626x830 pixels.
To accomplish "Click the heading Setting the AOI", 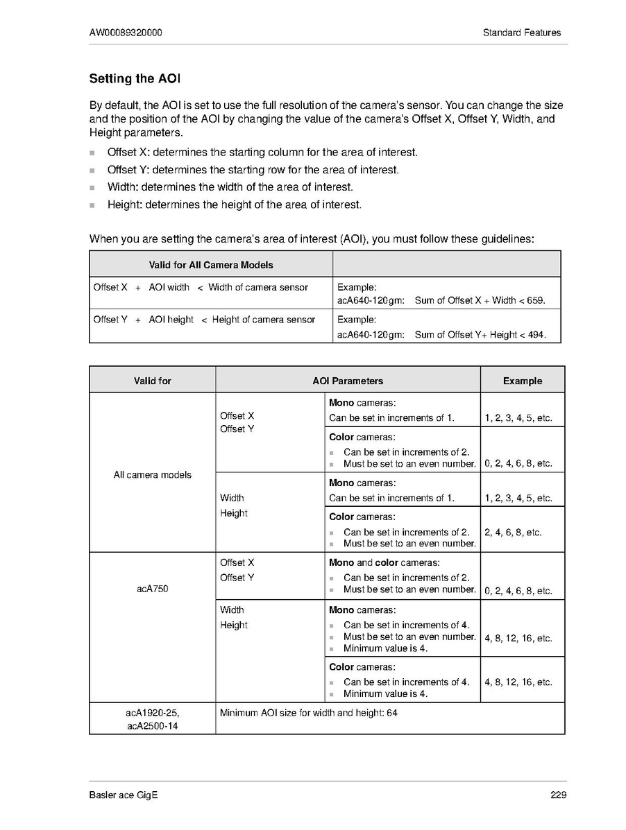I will pyautogui.click(x=135, y=79).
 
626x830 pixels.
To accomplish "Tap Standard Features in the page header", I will pyautogui.click(x=521, y=33).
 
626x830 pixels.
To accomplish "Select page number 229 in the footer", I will pyautogui.click(x=558, y=795).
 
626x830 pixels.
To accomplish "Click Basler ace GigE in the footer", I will pyautogui.click(x=124, y=795).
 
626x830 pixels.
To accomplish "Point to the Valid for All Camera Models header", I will pyautogui.click(x=211, y=265).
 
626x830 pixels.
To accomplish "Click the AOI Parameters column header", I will pyautogui.click(x=348, y=381).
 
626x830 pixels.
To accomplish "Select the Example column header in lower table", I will pyautogui.click(x=522, y=381).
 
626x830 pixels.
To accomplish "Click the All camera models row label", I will pyautogui.click(x=152, y=475).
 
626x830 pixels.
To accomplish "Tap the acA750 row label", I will pyautogui.click(x=152, y=589).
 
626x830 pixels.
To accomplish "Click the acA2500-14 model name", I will pyautogui.click(x=152, y=726).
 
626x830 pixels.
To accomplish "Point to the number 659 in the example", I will pyautogui.click(x=535, y=300).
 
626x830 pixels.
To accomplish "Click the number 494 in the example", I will pyautogui.click(x=536, y=334).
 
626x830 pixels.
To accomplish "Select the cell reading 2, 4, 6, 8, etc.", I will pyautogui.click(x=513, y=533).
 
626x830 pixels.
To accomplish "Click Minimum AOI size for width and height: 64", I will pyautogui.click(x=309, y=713).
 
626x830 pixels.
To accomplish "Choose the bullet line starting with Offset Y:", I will pyautogui.click(x=253, y=170).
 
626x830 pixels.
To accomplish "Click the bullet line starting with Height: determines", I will pyautogui.click(x=235, y=205).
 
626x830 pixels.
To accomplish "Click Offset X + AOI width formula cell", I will pyautogui.click(x=201, y=287).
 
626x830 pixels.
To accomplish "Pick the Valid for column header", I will pyautogui.click(x=152, y=381).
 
